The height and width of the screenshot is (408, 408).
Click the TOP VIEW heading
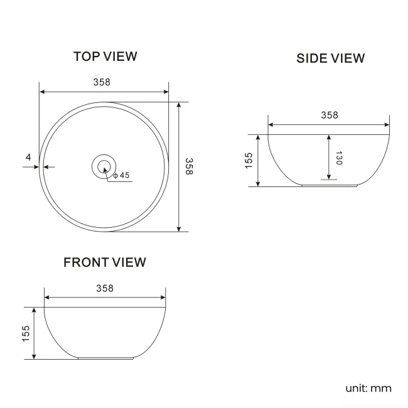(105, 56)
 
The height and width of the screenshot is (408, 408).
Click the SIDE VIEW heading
(330, 58)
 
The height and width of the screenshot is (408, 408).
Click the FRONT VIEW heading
(104, 262)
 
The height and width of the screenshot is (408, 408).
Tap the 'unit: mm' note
(368, 388)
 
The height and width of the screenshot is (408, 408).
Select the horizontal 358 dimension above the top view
(104, 81)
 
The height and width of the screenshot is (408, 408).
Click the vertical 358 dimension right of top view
(189, 166)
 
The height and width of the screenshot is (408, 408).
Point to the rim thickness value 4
(28, 157)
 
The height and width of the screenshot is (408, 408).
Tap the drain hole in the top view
(104, 166)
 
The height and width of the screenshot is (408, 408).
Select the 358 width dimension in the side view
(329, 115)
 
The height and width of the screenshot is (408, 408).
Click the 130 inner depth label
(339, 158)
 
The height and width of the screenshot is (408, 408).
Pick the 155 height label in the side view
(249, 160)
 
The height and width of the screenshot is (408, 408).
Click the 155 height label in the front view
(25, 333)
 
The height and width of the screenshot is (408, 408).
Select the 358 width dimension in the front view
(105, 288)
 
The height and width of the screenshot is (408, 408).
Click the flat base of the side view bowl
(329, 186)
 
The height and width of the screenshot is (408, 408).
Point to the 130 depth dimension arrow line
(328, 157)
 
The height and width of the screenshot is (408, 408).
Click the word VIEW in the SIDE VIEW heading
(346, 58)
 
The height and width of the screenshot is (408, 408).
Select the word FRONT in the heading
(85, 262)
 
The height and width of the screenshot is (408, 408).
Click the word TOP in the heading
(85, 56)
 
